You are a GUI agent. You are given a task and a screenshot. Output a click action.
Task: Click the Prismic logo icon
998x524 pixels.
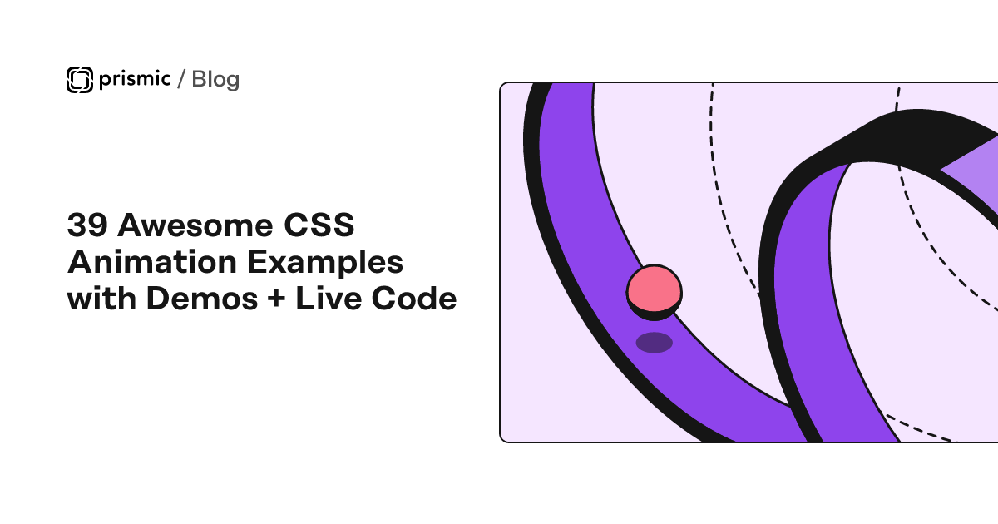80,80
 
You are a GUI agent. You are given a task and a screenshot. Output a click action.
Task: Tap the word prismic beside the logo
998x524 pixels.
135,79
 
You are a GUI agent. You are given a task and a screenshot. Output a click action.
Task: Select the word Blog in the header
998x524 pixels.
215,80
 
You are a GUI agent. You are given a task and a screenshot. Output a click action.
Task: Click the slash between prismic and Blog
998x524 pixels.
181,79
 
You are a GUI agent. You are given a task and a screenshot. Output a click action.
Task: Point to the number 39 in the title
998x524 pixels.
87,225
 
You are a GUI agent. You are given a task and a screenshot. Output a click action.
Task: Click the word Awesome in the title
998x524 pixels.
195,225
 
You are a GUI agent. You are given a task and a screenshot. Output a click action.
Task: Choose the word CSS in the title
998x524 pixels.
319,225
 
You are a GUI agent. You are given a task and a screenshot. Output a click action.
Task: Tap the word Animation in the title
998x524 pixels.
152,261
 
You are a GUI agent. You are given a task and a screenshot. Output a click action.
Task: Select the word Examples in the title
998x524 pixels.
325,263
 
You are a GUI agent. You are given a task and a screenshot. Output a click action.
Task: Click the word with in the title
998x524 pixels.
101,298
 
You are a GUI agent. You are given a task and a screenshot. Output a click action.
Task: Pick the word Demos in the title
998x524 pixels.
202,298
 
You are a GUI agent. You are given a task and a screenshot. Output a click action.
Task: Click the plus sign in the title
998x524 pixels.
277,298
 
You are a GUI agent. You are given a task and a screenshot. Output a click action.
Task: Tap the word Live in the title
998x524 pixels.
329,298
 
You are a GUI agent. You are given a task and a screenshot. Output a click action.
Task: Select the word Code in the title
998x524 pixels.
414,298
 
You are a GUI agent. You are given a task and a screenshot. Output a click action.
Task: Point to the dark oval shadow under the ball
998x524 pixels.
654,343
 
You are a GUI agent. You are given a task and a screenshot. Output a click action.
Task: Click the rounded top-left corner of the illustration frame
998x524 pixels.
502,86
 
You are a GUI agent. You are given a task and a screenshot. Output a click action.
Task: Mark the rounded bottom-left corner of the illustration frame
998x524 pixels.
502,439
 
